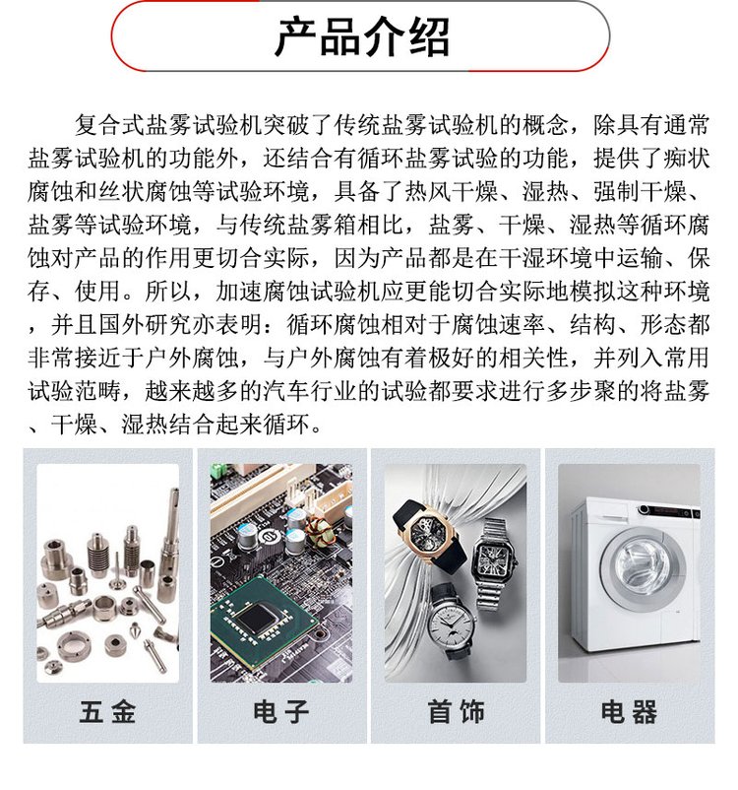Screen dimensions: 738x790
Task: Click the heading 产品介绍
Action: point(361,36)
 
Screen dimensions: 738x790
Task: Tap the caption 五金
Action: point(107,711)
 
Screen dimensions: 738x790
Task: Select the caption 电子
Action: point(281,711)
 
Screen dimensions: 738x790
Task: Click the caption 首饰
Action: point(456,711)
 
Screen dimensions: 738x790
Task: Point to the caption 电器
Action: point(629,711)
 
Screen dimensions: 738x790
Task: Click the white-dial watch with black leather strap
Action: point(452,623)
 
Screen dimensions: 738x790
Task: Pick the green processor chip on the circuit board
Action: point(260,622)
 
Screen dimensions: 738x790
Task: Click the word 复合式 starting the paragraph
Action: point(110,125)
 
